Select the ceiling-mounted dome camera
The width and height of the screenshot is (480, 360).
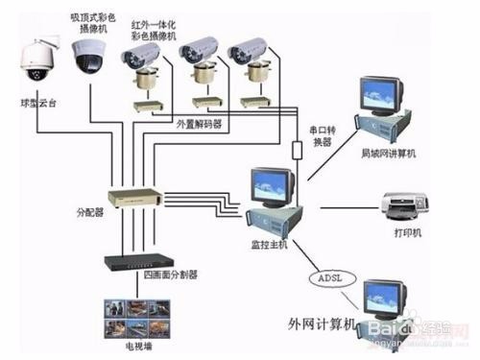[x=89, y=58]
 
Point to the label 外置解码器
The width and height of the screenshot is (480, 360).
[x=199, y=124]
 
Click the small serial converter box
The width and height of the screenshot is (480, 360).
[x=296, y=150]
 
